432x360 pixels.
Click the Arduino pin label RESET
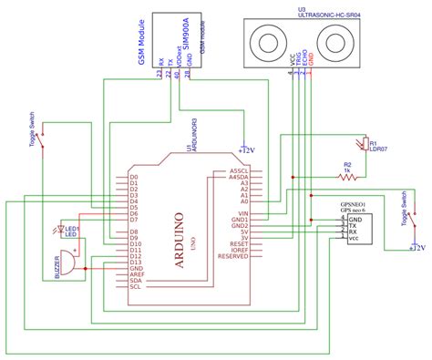238,245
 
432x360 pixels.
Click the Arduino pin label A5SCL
239,170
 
